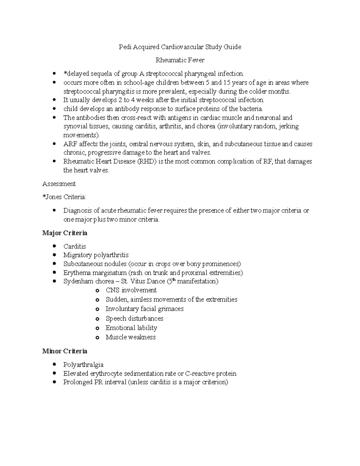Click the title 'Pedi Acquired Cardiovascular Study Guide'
180,47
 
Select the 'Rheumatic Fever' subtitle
180,60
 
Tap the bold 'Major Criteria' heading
65,233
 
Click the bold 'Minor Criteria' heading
65,351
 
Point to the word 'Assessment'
59,184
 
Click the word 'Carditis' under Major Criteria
74,246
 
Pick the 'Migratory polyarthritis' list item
96,255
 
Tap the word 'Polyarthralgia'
83,365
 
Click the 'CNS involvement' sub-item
131,290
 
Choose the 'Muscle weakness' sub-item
130,337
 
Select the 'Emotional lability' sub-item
131,328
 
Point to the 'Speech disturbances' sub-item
134,318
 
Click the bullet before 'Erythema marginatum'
54,273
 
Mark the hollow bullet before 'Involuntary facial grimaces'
97,309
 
